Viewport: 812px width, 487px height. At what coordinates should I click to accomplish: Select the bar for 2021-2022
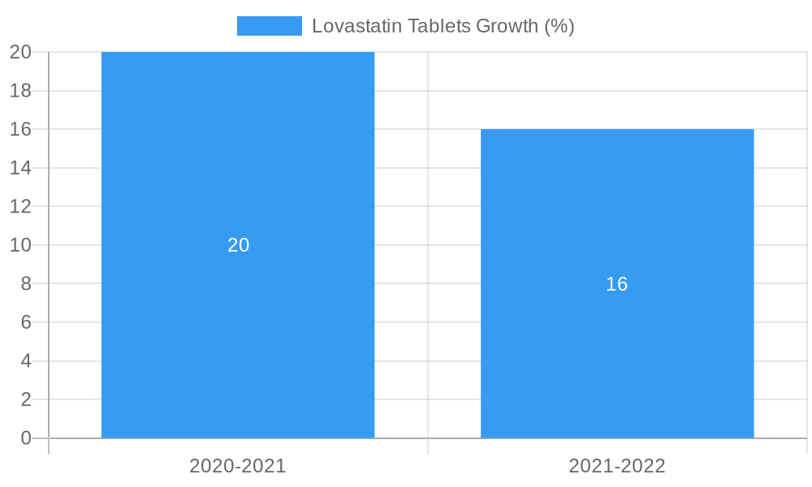coord(617,365)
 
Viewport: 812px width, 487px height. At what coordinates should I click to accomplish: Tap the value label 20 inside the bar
coord(238,245)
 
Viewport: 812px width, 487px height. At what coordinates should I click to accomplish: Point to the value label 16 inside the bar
coord(617,284)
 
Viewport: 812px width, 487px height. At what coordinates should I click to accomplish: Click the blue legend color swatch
coord(269,26)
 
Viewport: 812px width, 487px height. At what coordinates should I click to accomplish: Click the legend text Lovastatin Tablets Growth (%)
coord(443,26)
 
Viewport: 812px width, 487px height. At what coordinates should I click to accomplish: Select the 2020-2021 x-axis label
coord(238,466)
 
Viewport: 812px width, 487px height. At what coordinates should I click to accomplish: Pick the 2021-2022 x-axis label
coord(617,466)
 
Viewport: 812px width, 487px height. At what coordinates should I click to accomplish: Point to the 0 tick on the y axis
coord(26,438)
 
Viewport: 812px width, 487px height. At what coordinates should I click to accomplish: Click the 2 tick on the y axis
coord(26,399)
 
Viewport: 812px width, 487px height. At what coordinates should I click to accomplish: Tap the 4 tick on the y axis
coord(26,361)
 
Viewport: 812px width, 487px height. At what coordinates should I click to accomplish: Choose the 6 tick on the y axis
coord(26,322)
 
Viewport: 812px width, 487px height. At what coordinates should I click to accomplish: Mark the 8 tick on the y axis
coord(26,283)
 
